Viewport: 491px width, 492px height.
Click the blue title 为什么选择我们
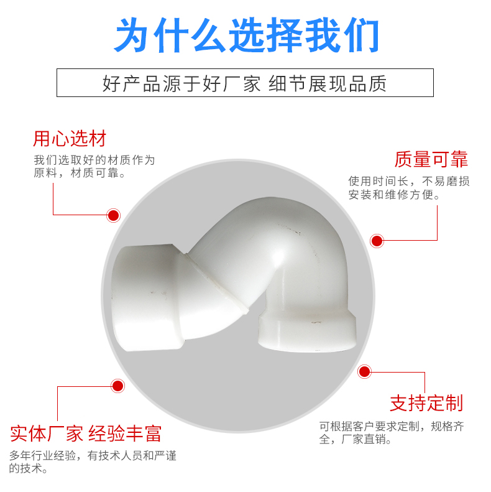click(247, 35)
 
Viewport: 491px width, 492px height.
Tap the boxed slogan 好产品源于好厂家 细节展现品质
click(244, 83)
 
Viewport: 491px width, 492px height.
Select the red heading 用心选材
click(70, 138)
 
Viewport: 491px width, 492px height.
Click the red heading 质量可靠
click(431, 159)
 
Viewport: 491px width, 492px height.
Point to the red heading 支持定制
click(426, 403)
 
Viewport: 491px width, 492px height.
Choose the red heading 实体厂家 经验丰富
click(86, 434)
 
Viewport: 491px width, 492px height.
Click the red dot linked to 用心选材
click(113, 216)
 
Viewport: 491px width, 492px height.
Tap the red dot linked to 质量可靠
click(377, 241)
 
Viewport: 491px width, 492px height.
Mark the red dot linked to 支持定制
click(364, 372)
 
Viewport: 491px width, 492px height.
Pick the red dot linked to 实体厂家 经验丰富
click(117, 386)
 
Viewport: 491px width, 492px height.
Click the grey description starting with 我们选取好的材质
click(94, 166)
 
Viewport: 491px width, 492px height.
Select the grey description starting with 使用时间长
click(409, 188)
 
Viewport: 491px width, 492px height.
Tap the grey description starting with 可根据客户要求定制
click(392, 433)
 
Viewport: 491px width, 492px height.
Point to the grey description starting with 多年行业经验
click(93, 462)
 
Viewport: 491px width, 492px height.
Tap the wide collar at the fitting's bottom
click(307, 333)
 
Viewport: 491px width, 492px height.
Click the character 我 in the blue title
click(323, 35)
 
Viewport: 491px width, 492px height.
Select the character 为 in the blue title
click(132, 35)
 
